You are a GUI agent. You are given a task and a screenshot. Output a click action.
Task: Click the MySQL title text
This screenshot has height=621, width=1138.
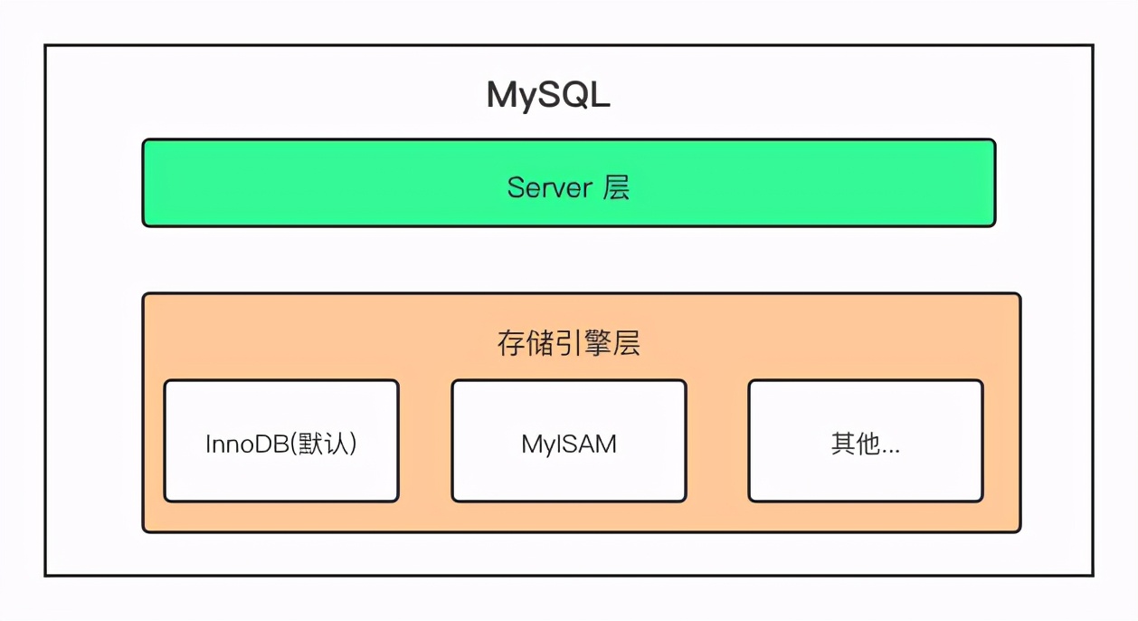click(x=548, y=95)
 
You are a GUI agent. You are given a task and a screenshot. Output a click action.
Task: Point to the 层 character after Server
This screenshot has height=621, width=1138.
click(x=616, y=187)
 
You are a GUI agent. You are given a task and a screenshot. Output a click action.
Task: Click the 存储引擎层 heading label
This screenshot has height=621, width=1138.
click(x=568, y=343)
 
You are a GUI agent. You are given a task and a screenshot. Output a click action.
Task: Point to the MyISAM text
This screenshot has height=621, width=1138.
click(x=568, y=444)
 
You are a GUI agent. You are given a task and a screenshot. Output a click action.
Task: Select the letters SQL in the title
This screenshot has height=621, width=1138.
click(x=575, y=95)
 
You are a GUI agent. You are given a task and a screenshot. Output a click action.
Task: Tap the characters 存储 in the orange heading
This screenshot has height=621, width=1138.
click(x=525, y=343)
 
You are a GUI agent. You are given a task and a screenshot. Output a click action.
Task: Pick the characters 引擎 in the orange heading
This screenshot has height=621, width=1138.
click(x=583, y=343)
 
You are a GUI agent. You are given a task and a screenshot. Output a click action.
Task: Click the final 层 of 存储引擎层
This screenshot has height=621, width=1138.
click(x=627, y=343)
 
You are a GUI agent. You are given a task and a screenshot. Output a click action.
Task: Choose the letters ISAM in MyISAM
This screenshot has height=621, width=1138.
click(x=583, y=444)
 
